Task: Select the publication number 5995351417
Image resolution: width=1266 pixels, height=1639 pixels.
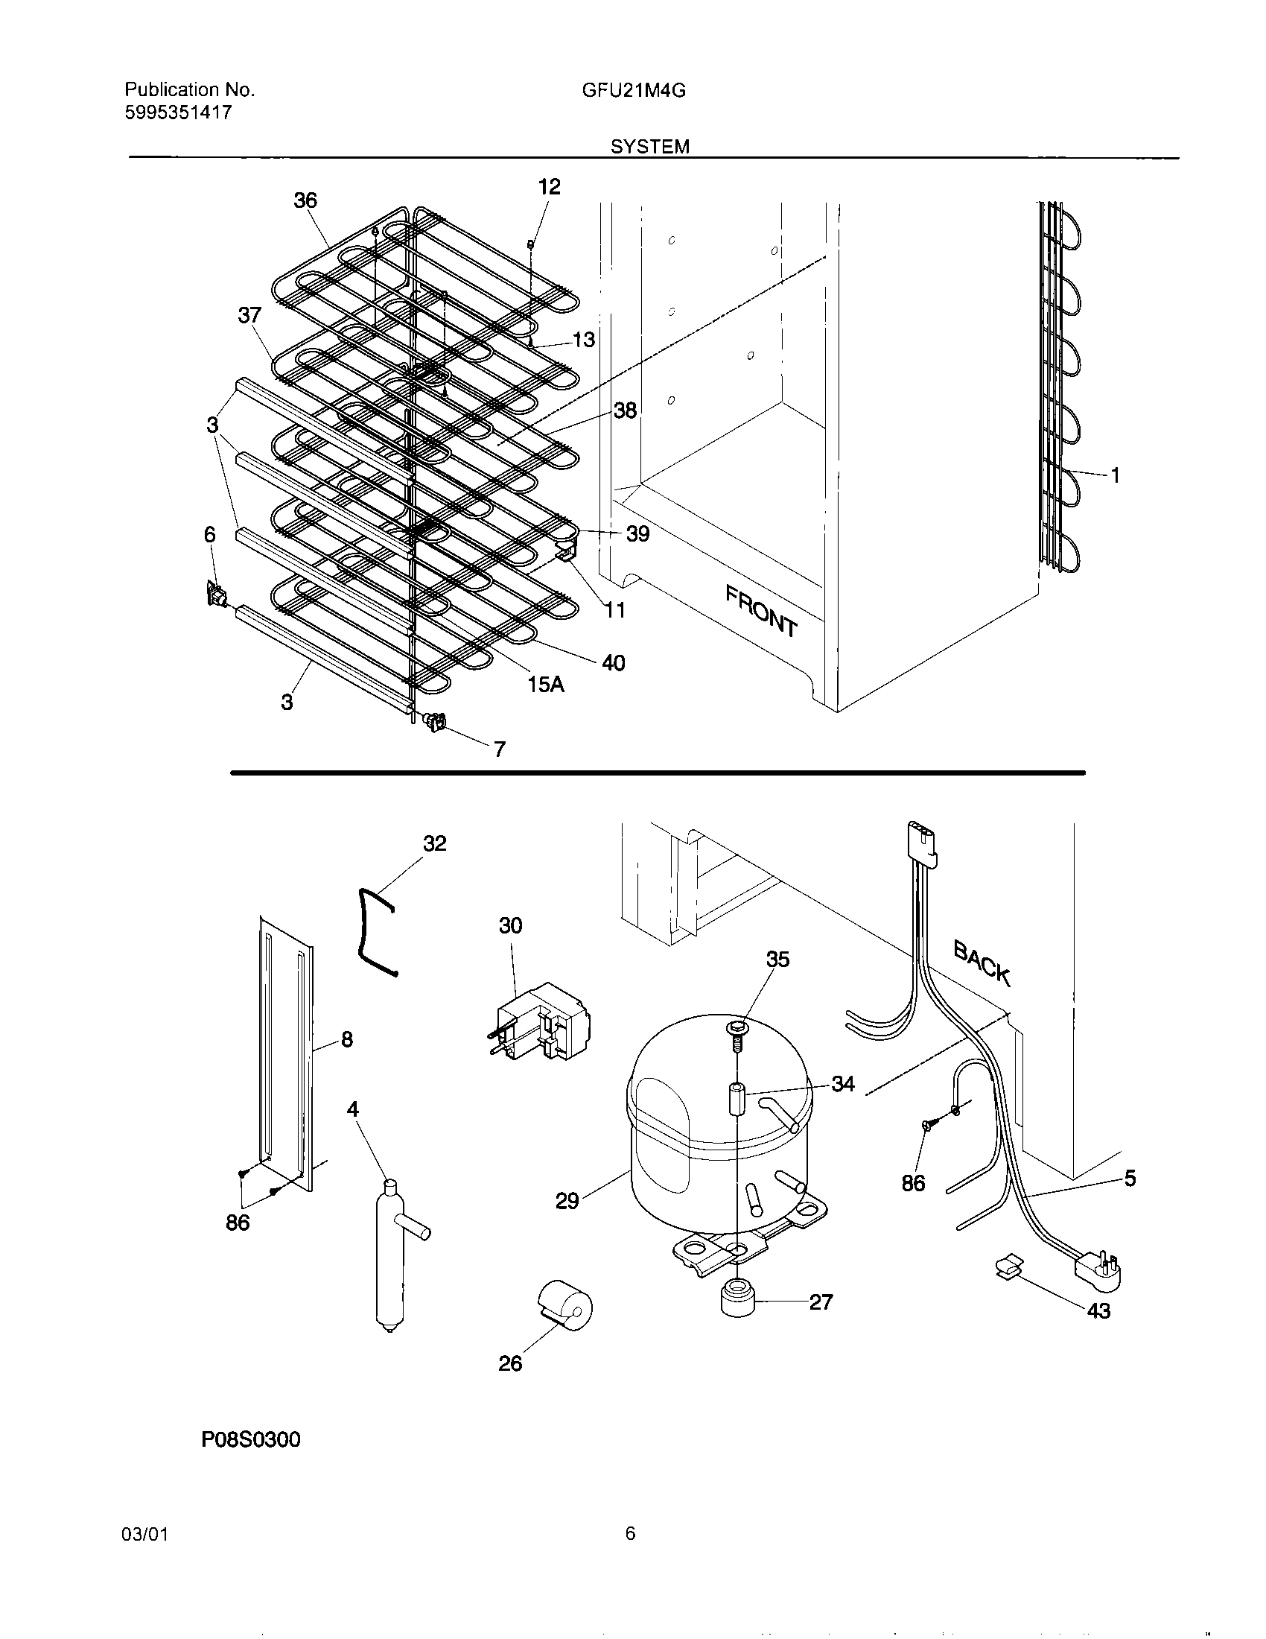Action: point(178,112)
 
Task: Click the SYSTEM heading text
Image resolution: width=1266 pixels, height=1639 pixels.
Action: point(649,147)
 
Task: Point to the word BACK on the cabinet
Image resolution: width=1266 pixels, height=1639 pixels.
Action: point(982,963)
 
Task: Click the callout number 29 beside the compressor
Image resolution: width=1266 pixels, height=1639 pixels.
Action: point(567,1201)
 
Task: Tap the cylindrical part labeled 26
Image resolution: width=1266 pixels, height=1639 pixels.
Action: point(565,1307)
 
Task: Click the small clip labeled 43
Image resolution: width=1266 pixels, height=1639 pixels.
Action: point(1009,1268)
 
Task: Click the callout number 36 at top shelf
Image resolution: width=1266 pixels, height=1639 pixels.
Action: point(305,200)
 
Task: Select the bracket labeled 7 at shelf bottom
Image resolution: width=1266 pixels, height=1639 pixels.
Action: point(436,722)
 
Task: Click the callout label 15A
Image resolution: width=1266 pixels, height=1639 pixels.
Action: point(545,685)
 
